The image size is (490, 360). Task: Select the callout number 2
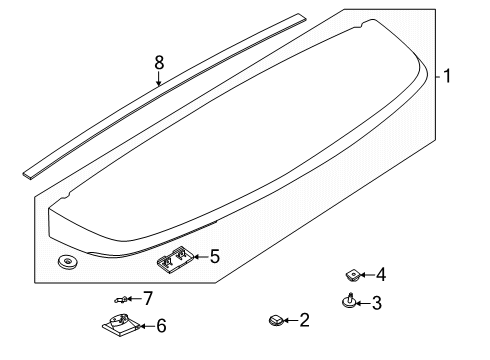pyautogui.click(x=305, y=320)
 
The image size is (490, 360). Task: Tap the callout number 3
pyautogui.click(x=377, y=302)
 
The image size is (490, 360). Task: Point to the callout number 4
pyautogui.click(x=381, y=273)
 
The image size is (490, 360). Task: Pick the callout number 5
pyautogui.click(x=214, y=257)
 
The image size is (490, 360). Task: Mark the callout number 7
pyautogui.click(x=148, y=297)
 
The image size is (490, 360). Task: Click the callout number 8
pyautogui.click(x=158, y=62)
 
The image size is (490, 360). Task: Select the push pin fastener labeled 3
pyautogui.click(x=349, y=301)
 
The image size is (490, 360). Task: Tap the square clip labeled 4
pyautogui.click(x=352, y=273)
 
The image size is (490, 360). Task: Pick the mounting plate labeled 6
pyautogui.click(x=121, y=324)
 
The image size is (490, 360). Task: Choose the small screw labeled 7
pyautogui.click(x=123, y=299)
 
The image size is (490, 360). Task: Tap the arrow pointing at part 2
pyautogui.click(x=290, y=320)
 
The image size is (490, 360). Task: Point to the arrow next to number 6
pyautogui.click(x=146, y=326)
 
